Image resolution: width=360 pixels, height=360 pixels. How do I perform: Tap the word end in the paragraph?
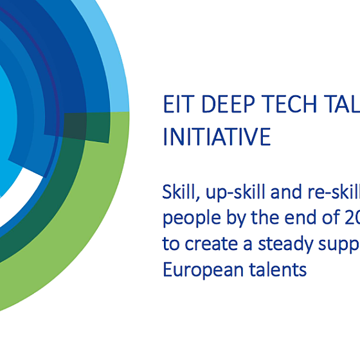[x=283, y=218]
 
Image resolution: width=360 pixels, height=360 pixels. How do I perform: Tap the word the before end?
[x=253, y=218]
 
